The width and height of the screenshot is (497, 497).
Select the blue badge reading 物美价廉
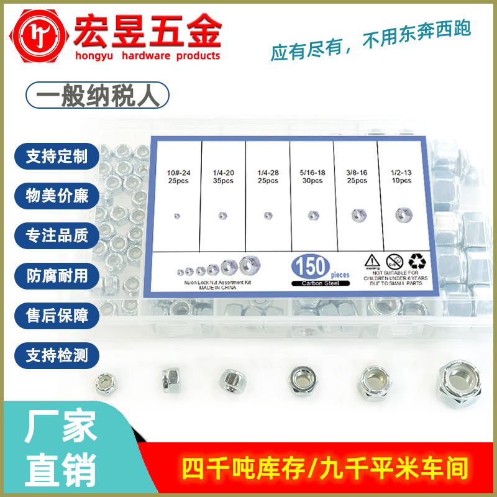[x=57, y=196]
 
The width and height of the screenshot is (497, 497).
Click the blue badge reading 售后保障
[x=57, y=316]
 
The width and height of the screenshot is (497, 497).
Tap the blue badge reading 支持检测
[x=57, y=355]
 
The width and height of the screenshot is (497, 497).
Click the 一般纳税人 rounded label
[x=96, y=98]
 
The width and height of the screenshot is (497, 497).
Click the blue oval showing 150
[x=310, y=267]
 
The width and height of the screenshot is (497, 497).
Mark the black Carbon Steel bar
[x=318, y=283]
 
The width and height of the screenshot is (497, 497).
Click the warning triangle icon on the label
[x=373, y=261]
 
